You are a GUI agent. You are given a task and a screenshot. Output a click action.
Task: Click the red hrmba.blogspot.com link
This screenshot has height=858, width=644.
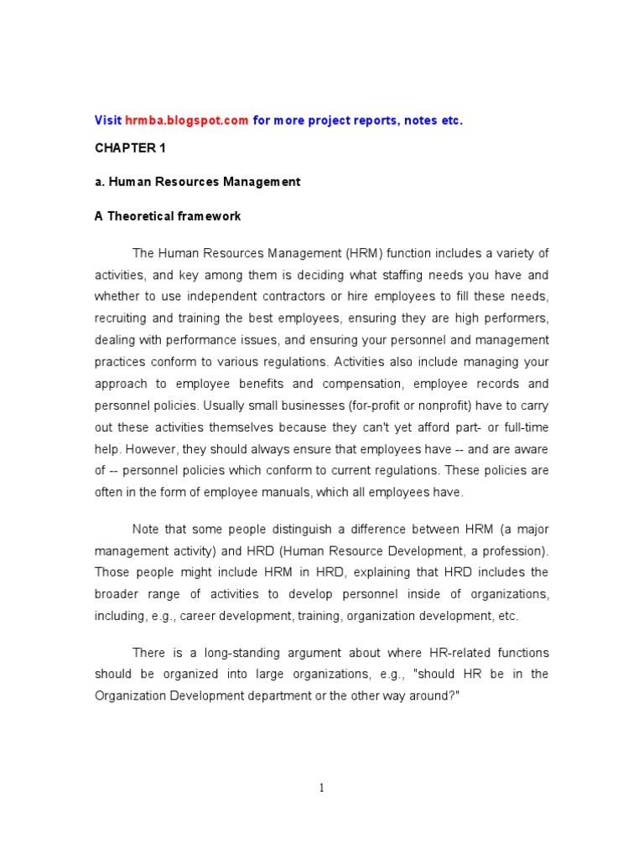pyautogui.click(x=187, y=121)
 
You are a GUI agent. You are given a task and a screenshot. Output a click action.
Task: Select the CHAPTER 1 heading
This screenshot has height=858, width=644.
pyautogui.click(x=125, y=147)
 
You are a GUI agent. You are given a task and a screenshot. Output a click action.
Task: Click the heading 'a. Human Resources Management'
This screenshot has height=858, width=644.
pyautogui.click(x=197, y=182)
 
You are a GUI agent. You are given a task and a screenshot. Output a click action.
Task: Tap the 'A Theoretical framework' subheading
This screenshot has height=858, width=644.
pyautogui.click(x=168, y=216)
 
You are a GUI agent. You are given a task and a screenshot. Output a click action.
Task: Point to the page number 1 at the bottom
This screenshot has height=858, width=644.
pyautogui.click(x=321, y=788)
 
